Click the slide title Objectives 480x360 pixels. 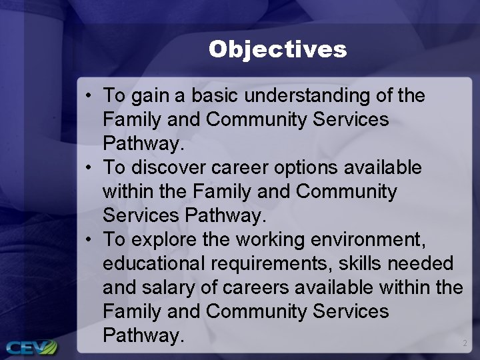277,49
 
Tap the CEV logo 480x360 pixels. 31,347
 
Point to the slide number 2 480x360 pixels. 465,343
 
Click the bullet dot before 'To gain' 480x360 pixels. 89,96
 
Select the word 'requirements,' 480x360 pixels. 271,264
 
